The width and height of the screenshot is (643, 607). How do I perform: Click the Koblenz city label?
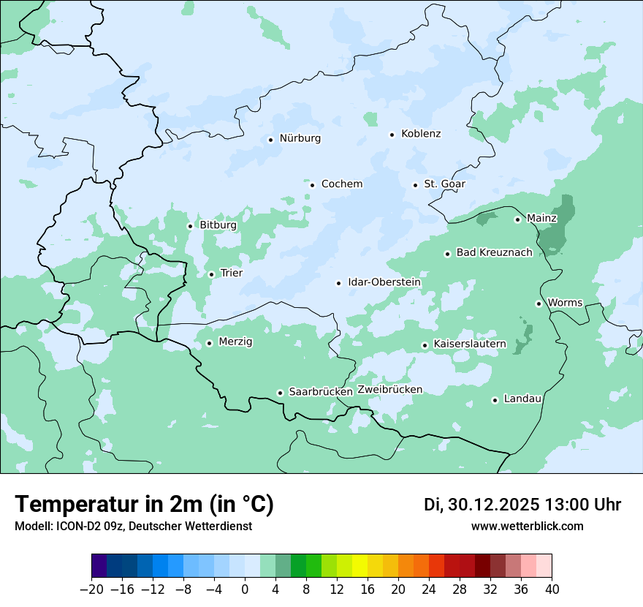coord(421,134)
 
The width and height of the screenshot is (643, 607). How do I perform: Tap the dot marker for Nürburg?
coord(270,139)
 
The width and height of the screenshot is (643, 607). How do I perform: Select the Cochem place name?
coord(341,184)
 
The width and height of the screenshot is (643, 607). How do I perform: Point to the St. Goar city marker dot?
coord(415,185)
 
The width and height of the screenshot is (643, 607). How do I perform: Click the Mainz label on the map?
coord(541,219)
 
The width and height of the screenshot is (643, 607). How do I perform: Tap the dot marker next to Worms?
coord(539,303)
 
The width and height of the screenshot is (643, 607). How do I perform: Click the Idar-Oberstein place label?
coord(384,282)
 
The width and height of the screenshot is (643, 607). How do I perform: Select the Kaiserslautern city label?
coord(470,344)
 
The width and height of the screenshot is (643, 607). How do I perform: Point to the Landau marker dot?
coord(495,400)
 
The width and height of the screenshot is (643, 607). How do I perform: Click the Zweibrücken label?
coord(389,390)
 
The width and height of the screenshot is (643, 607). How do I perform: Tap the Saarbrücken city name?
coord(321,392)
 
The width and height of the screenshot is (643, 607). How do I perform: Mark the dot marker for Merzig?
coord(209,343)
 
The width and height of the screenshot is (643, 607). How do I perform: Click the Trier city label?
coord(231,274)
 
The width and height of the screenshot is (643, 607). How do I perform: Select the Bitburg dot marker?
coord(190,226)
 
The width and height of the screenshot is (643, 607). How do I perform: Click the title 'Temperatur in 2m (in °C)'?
coord(144,505)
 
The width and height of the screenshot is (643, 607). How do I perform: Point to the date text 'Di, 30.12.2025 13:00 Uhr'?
coord(522,505)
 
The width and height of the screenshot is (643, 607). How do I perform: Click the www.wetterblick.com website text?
coord(527,527)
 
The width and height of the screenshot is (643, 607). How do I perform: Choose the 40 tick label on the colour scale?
coord(552,589)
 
